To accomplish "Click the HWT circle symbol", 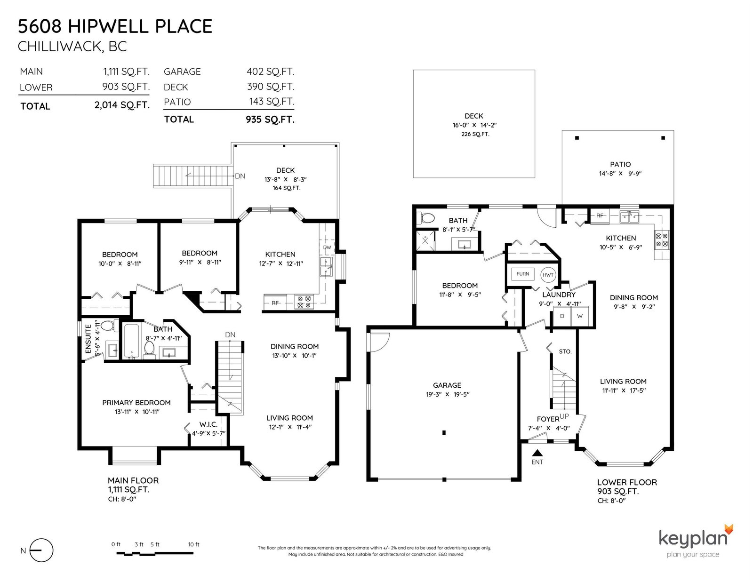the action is click(548, 275).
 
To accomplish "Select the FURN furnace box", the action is click(522, 274).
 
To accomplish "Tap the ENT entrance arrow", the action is click(537, 453).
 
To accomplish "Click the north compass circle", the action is click(41, 550).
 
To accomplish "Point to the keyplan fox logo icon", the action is click(729, 530).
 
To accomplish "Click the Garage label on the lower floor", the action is click(447, 385).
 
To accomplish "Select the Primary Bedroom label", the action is click(136, 403).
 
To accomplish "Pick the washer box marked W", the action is click(579, 316).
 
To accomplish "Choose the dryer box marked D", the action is click(562, 316).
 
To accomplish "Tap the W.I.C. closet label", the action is click(208, 424).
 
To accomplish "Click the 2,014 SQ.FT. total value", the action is click(122, 105).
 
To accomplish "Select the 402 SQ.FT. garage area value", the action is click(270, 72).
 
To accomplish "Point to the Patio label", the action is click(620, 164).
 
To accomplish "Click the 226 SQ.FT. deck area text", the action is click(475, 134).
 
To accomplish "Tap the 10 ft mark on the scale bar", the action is click(194, 544).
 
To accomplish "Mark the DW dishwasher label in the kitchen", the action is click(327, 247).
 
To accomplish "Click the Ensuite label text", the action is click(88, 339).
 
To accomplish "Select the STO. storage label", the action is click(565, 351).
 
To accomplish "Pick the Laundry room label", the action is click(559, 295).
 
